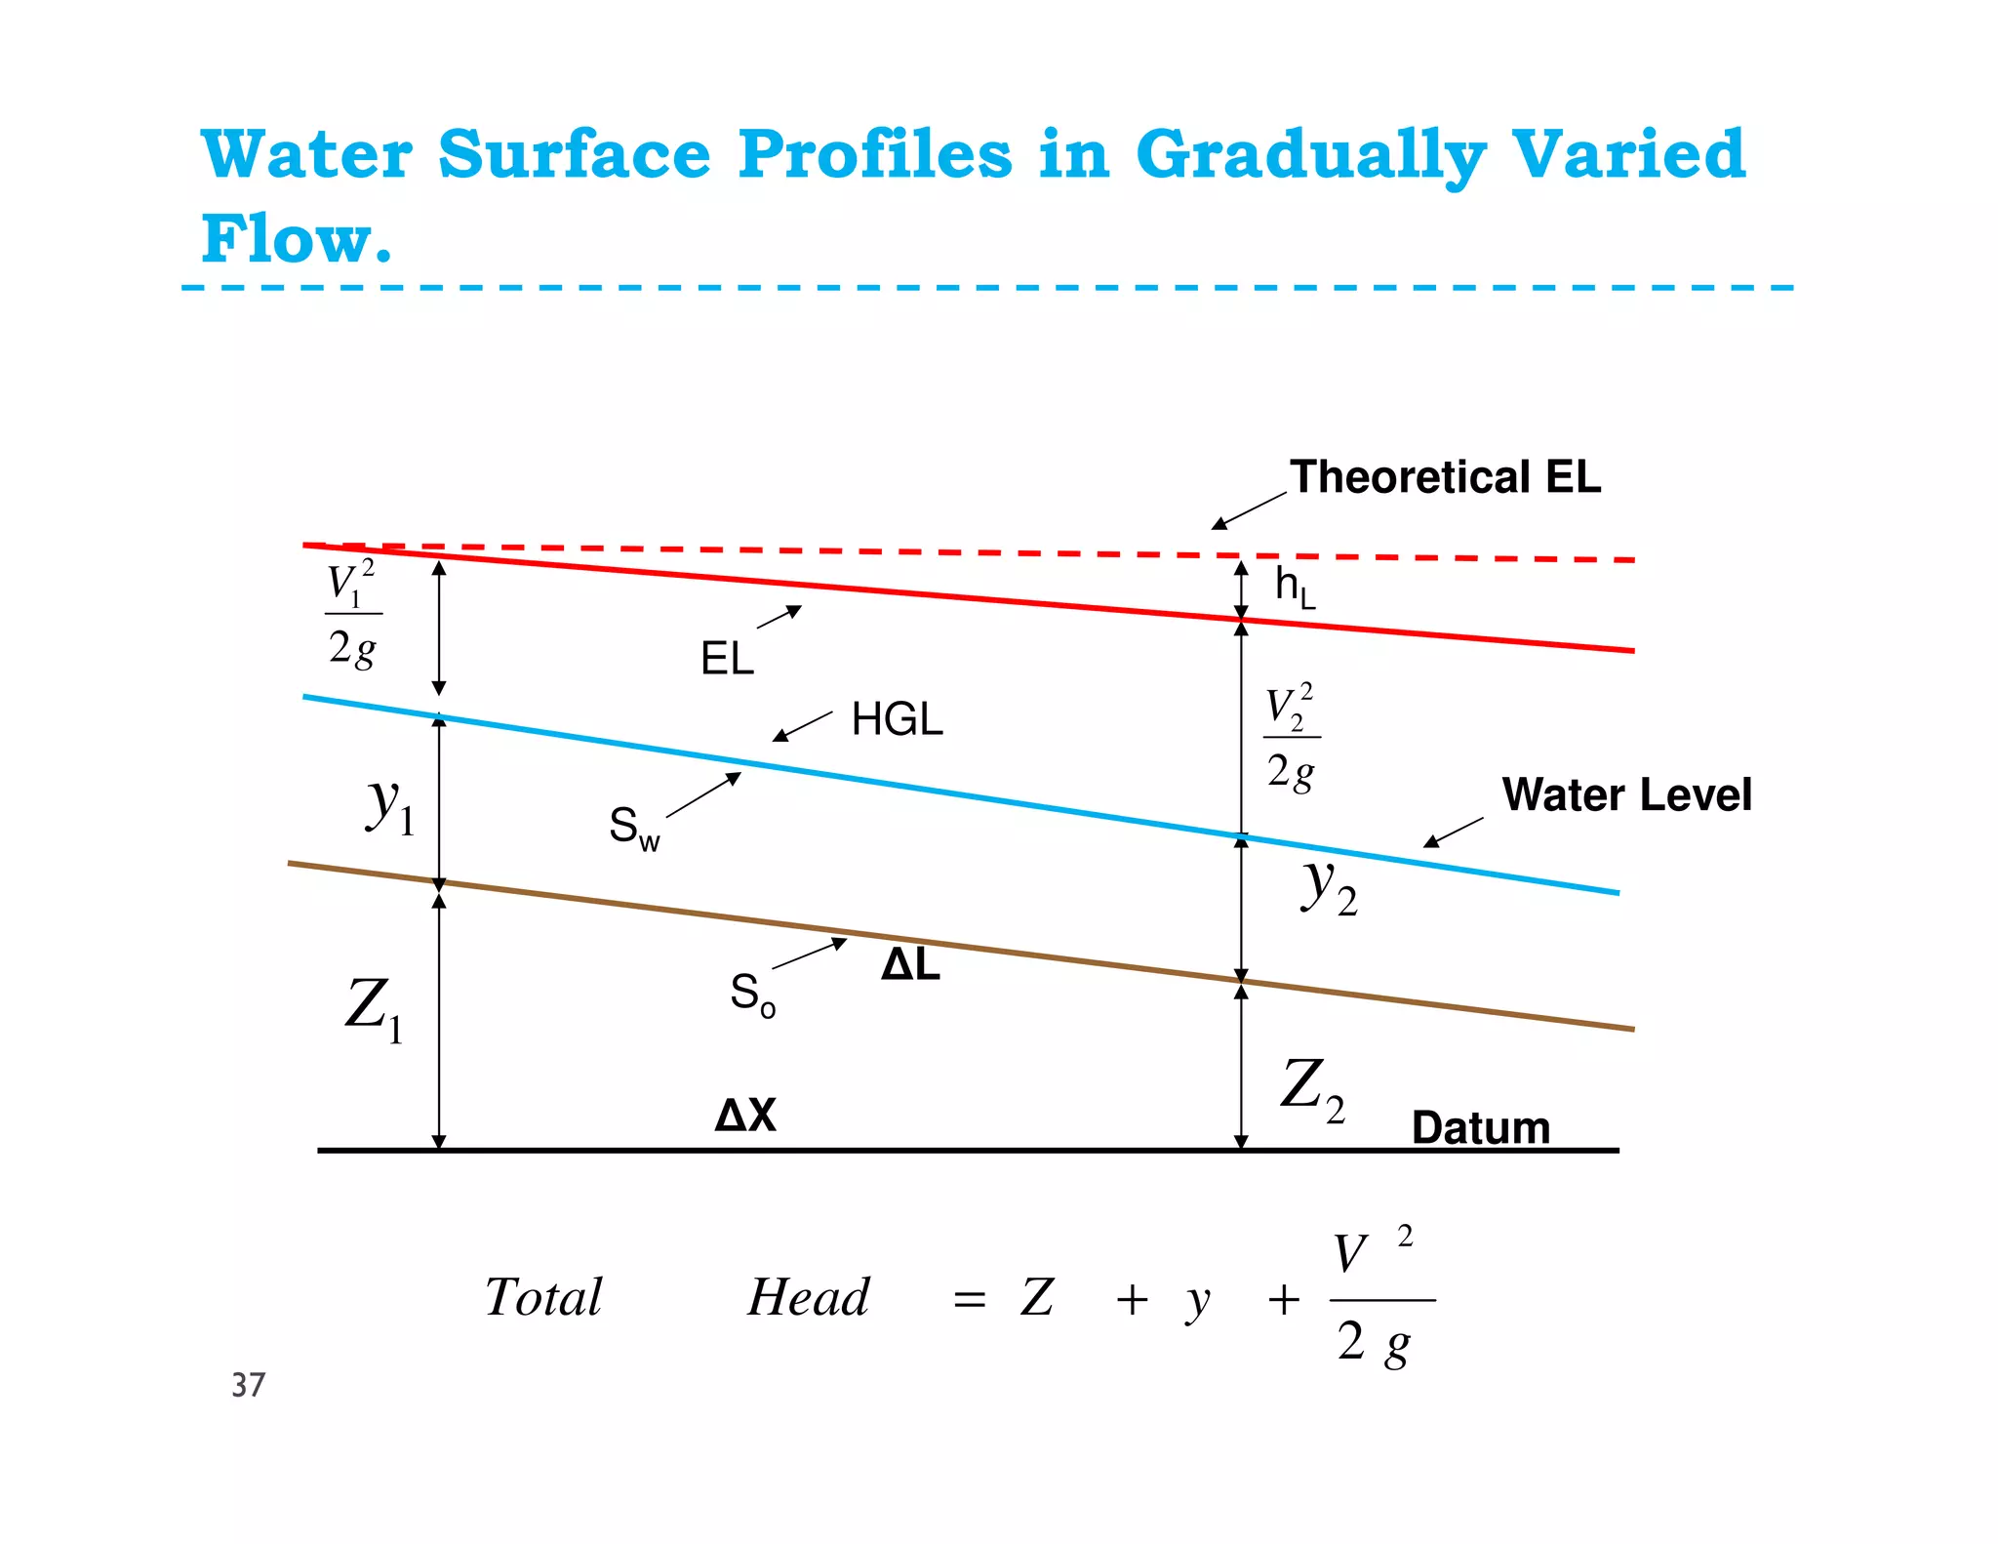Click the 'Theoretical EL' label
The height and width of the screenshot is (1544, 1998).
click(x=1445, y=478)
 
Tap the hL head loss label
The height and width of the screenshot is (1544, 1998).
click(x=1295, y=588)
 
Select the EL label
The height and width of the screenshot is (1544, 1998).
click(x=727, y=659)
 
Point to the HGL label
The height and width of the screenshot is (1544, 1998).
click(x=897, y=720)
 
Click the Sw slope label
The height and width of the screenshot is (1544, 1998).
click(x=634, y=829)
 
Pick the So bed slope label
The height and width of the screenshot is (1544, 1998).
click(x=752, y=995)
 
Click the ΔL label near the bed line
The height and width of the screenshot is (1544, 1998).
click(x=910, y=965)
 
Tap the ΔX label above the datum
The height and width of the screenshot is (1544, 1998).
click(x=745, y=1115)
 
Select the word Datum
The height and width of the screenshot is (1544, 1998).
click(x=1480, y=1128)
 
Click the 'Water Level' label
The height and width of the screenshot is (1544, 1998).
click(x=1626, y=794)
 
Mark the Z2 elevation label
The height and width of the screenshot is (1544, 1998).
click(x=1313, y=1088)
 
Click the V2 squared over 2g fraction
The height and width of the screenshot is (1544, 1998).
click(x=1291, y=738)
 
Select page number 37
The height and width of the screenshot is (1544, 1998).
click(x=248, y=1385)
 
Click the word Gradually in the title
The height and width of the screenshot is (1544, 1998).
click(x=1310, y=156)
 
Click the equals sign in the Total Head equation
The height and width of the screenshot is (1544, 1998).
click(x=969, y=1300)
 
